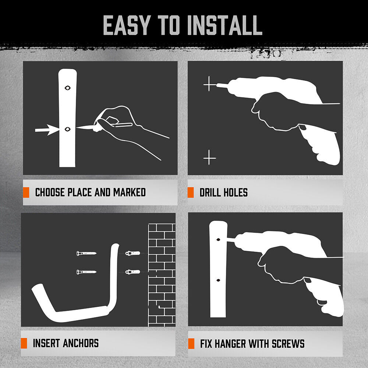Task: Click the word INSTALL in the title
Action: click(225, 25)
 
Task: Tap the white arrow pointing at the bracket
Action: click(46, 130)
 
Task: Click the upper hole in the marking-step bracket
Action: click(67, 88)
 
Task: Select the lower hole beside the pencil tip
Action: click(68, 129)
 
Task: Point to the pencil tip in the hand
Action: click(79, 128)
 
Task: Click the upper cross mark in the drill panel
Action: click(210, 85)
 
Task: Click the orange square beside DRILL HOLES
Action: click(191, 192)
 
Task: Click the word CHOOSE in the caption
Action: click(50, 192)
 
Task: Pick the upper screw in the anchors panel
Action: click(86, 253)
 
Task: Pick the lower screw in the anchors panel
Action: click(86, 272)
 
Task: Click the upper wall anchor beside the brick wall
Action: click(132, 253)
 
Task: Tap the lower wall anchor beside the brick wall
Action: click(132, 272)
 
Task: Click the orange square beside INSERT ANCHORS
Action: click(24, 343)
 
